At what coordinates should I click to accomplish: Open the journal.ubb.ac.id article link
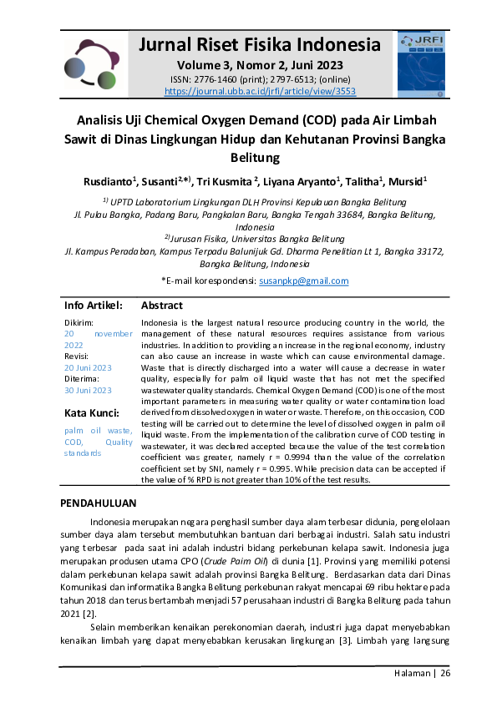click(260, 90)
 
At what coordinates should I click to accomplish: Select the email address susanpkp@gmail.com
click(303, 281)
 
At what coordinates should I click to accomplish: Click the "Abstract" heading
click(162, 306)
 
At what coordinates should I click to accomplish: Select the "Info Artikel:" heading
click(94, 306)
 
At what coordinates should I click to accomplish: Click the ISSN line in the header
click(260, 79)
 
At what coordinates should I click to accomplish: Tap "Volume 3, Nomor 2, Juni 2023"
click(260, 65)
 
